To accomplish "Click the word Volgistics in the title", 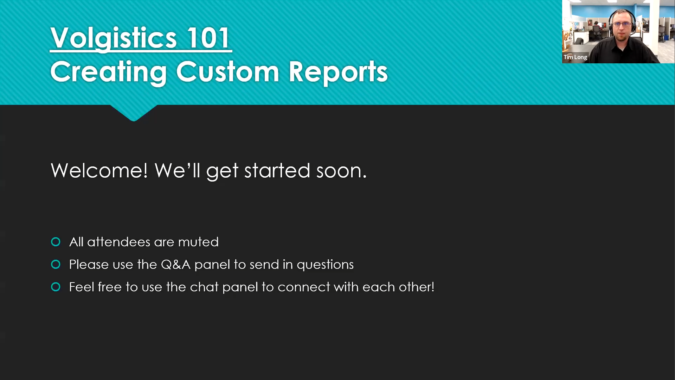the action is (x=114, y=38).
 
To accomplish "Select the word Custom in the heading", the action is (x=228, y=72).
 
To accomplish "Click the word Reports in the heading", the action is (x=338, y=72).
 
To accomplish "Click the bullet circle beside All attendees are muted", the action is (x=56, y=242).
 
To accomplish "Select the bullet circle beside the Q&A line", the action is (x=56, y=264).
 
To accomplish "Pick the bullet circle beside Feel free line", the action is (x=56, y=287).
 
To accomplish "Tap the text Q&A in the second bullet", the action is (x=175, y=264).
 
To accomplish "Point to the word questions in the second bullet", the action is (x=325, y=265).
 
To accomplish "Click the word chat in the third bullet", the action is (x=204, y=287).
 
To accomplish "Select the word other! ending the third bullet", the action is (x=417, y=287).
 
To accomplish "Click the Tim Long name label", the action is (x=576, y=57).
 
